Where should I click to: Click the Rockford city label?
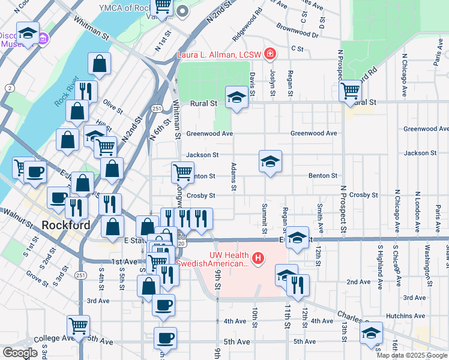(66, 226)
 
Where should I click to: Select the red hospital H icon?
(258, 259)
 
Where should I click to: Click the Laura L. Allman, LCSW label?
(219, 55)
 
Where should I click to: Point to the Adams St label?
(234, 175)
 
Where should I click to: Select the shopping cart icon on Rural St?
(350, 91)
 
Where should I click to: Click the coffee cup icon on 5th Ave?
(165, 337)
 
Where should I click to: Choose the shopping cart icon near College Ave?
(78, 326)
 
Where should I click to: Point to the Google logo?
(20, 353)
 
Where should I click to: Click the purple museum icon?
(43, 39)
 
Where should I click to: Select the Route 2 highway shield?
(10, 88)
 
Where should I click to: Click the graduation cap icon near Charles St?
(372, 332)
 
